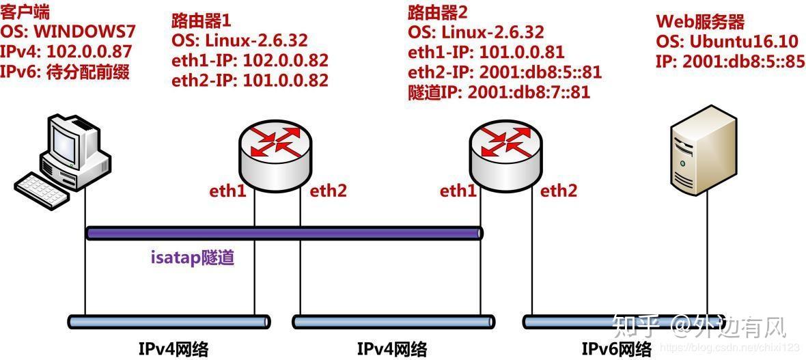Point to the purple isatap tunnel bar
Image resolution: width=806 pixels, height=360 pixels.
click(x=284, y=234)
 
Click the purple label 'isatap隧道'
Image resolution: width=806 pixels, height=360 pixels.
click(x=193, y=260)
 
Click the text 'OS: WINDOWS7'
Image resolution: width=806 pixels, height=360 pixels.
click(x=68, y=32)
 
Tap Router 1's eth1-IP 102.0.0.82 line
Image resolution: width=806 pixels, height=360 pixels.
click(x=250, y=60)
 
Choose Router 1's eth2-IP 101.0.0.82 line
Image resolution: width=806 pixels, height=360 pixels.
click(x=250, y=81)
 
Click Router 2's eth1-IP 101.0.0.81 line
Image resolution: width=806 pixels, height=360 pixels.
click(x=486, y=52)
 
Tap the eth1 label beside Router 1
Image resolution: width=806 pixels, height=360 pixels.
click(x=227, y=191)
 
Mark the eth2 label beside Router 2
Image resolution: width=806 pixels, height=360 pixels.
click(x=559, y=191)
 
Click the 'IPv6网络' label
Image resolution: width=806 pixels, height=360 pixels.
click(x=616, y=349)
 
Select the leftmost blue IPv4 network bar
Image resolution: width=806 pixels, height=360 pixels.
click(x=169, y=320)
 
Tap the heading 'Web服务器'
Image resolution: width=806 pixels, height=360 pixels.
click(x=700, y=21)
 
